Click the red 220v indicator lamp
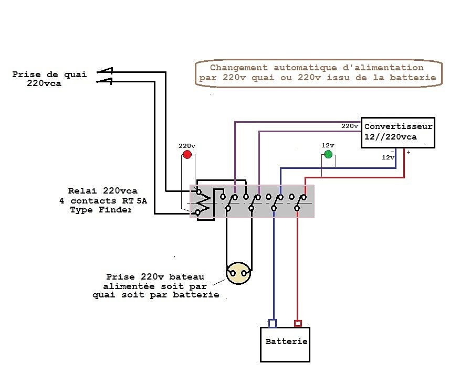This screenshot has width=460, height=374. click(186, 155)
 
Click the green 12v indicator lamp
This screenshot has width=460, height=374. click(328, 154)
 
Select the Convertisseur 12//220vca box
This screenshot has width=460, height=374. click(398, 132)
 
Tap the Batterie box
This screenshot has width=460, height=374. click(286, 344)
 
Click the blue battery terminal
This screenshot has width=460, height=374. click(273, 323)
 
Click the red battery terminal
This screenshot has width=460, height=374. click(298, 323)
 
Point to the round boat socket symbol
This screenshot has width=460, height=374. click(239, 273)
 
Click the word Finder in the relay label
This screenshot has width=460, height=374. click(115, 210)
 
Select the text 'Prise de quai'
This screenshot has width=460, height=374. click(49, 74)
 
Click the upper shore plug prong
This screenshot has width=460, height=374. click(105, 71)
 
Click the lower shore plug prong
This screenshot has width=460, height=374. click(105, 81)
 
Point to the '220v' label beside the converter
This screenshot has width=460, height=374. click(350, 126)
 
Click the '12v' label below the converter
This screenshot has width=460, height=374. click(388, 157)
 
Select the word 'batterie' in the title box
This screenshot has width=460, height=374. click(417, 78)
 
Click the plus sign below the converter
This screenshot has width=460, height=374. click(408, 152)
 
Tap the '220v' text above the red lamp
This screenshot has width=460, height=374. click(186, 146)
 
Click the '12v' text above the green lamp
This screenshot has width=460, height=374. click(328, 145)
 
